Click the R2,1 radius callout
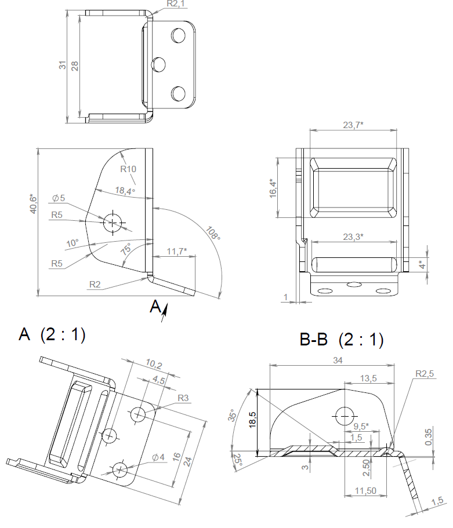point(175,4)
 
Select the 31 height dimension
point(63,65)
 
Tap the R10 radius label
point(128,169)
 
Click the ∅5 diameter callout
point(59,198)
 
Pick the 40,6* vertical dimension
point(33,203)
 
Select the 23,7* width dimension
point(353,125)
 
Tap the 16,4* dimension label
point(273,189)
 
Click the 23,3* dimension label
point(353,236)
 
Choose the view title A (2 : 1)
point(52,335)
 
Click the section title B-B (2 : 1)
point(342,340)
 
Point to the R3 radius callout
point(183,398)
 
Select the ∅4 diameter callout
point(159,458)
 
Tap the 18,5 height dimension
point(252,419)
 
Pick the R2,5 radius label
point(425,374)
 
